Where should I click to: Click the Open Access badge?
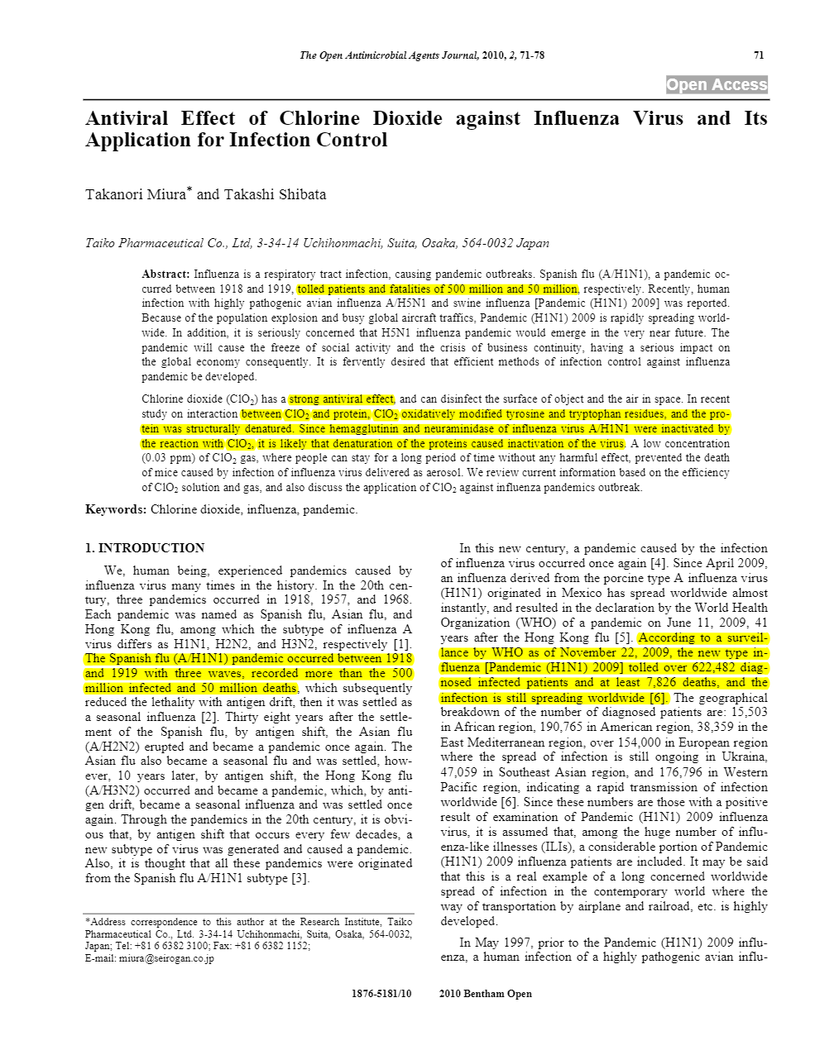coord(717,84)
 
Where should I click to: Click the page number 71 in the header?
coord(759,55)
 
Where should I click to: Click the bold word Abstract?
coord(166,274)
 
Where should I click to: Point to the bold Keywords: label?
coord(116,509)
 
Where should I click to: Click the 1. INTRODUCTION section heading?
coord(145,547)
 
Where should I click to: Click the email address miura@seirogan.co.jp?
coord(166,958)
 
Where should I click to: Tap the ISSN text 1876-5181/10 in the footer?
coord(381,994)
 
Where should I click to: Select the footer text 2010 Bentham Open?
coord(486,994)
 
